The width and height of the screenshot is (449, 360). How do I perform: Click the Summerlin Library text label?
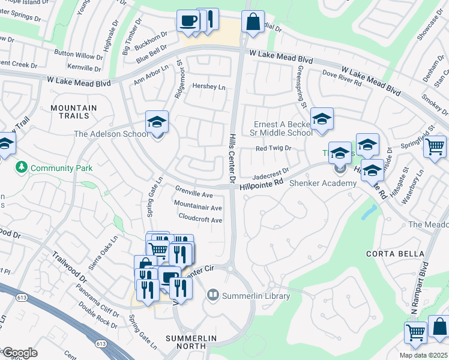click(x=256, y=296)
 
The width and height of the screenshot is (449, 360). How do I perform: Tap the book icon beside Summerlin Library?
click(x=212, y=295)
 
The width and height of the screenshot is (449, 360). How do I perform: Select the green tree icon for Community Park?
click(x=23, y=166)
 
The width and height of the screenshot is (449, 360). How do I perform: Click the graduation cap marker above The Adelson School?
click(x=157, y=122)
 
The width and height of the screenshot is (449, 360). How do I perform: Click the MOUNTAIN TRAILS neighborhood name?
click(x=74, y=112)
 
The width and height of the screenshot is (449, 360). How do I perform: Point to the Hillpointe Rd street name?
click(x=261, y=186)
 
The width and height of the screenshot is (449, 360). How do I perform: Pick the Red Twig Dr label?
click(x=273, y=148)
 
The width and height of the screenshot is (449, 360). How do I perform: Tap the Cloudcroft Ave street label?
click(x=200, y=220)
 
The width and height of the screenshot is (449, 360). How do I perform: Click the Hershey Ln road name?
click(x=208, y=86)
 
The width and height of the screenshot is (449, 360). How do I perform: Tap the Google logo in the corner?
click(x=20, y=353)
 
